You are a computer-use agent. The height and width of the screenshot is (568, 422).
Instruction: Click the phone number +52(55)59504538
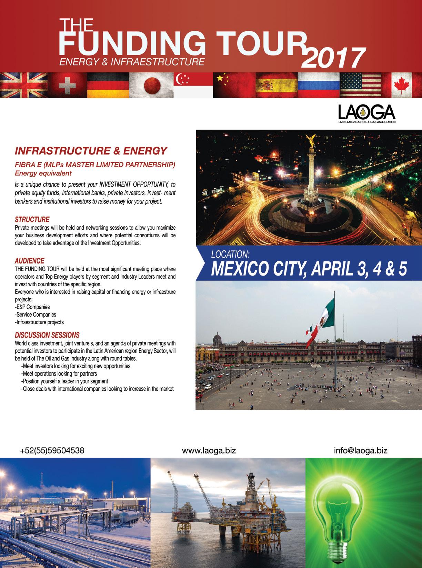pos(52,450)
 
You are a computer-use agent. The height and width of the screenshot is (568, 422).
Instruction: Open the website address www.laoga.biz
pos(209,450)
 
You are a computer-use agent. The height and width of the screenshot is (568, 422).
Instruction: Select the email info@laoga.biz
pos(361,450)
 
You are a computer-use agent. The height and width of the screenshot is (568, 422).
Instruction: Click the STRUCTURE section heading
pos(32,219)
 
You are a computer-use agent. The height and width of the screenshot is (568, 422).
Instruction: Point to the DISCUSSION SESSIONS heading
pos(47,335)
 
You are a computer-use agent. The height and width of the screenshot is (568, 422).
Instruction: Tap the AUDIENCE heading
pos(29,261)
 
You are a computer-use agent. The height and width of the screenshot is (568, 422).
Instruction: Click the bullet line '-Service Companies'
pos(36,315)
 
